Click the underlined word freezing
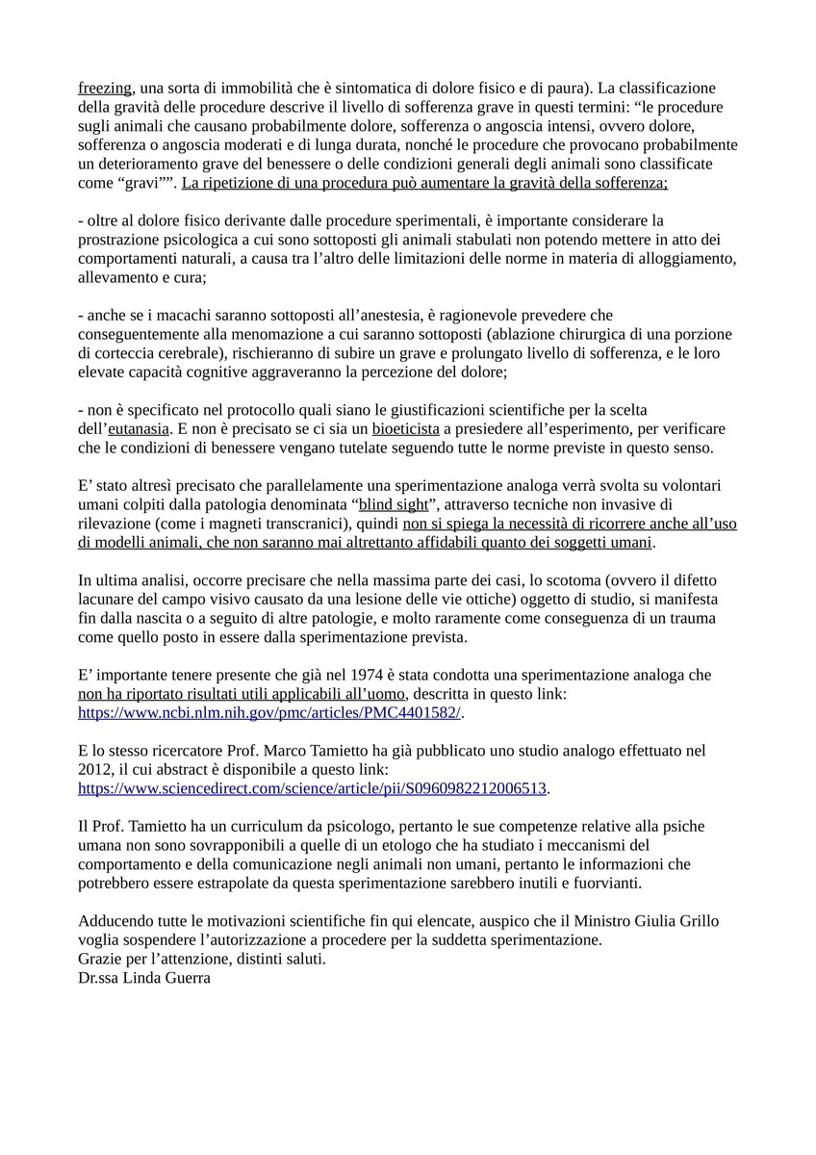[104, 89]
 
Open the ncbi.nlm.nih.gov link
[269, 713]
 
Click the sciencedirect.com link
[313, 788]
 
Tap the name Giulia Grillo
[671, 921]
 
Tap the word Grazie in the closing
[101, 960]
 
